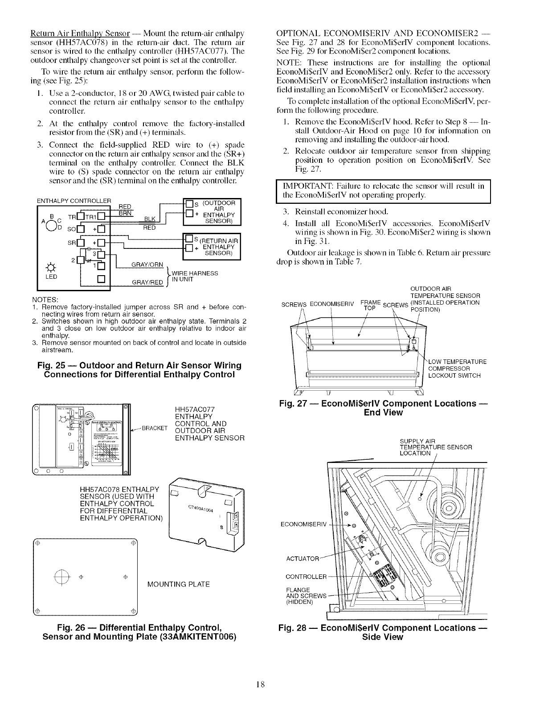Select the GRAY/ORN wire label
tap(145, 264)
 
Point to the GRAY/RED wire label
tap(145, 282)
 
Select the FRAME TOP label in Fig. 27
tap(369, 305)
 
